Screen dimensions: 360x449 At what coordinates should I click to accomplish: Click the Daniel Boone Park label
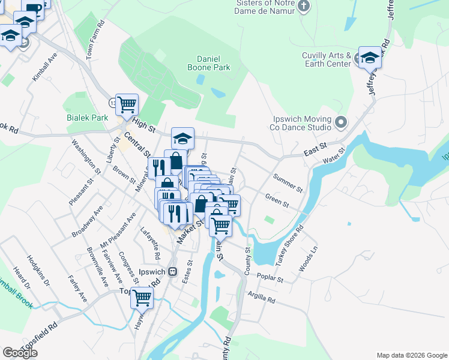pyautogui.click(x=214, y=64)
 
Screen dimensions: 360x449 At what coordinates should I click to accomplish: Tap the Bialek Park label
pyautogui.click(x=88, y=118)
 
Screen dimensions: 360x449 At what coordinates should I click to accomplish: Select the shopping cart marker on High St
pyautogui.click(x=127, y=105)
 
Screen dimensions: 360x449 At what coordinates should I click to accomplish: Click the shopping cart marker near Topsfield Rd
pyautogui.click(x=142, y=296)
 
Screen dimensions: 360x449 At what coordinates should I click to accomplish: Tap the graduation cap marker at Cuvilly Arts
pyautogui.click(x=370, y=58)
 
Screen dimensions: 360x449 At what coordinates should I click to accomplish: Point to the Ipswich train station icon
pyautogui.click(x=172, y=272)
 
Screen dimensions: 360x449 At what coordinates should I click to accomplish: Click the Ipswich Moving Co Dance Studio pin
pyautogui.click(x=341, y=123)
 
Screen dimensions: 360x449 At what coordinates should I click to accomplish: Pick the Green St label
pyautogui.click(x=277, y=200)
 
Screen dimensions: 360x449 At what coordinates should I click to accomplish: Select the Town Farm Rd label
pyautogui.click(x=95, y=39)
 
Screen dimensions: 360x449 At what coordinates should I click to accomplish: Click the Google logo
pyautogui.click(x=20, y=353)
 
